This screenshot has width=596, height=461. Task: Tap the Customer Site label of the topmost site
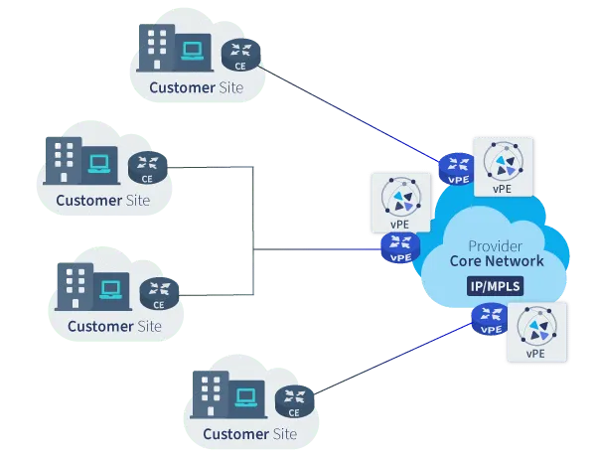(x=196, y=87)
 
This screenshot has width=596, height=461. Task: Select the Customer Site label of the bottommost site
(x=249, y=434)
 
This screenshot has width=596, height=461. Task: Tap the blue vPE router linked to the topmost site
(x=457, y=166)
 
